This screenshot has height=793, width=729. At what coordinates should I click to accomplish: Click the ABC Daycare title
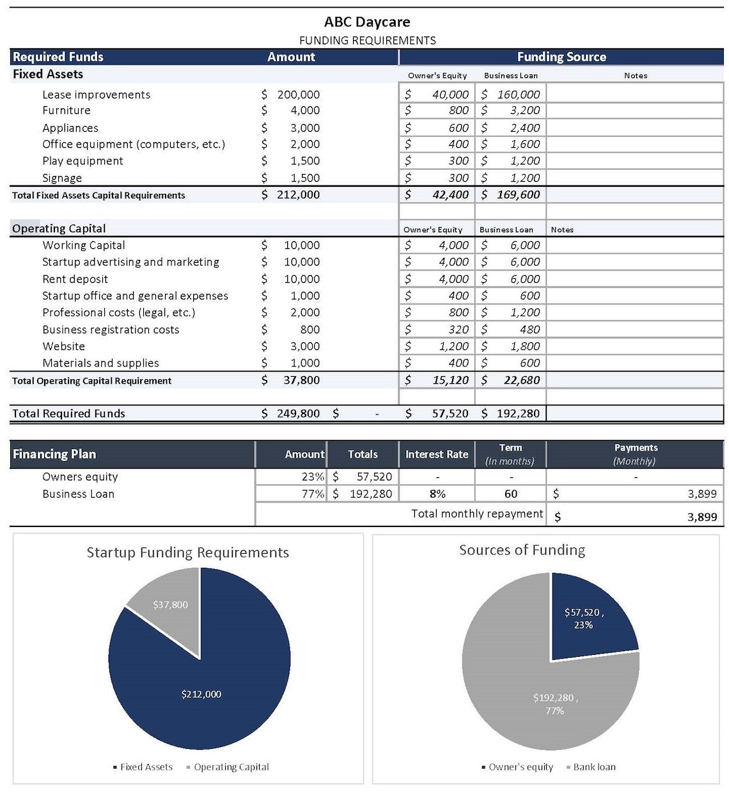coord(367,22)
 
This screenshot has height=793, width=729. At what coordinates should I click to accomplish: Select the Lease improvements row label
coord(97,95)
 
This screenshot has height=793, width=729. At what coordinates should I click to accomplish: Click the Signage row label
coord(62,178)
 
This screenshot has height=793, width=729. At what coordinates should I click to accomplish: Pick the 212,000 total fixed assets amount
coord(298,194)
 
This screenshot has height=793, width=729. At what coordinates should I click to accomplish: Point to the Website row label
coord(63,346)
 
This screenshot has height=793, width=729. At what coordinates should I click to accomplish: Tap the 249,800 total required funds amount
coord(298,413)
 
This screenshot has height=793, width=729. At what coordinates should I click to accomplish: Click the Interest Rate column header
coord(437,454)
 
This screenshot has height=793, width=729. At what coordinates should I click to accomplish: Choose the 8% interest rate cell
coord(437,494)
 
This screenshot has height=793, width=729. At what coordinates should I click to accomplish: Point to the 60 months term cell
coord(511,494)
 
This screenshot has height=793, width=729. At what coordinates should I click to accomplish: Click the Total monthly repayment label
coord(477,514)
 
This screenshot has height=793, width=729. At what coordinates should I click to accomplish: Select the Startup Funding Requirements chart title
coord(187,553)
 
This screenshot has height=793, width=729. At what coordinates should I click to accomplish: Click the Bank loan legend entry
coord(594,767)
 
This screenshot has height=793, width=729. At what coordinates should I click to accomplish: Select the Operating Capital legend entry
coord(231,767)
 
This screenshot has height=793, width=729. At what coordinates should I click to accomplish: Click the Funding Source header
coord(561,57)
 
